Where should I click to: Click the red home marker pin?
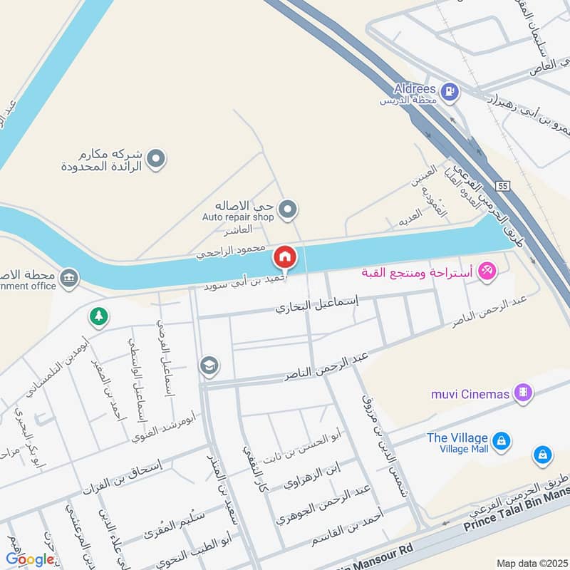click(285, 256)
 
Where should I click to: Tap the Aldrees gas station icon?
click(450, 90)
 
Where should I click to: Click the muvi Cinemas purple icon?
click(524, 393)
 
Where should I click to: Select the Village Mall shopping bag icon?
click(502, 442)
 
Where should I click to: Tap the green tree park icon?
click(99, 316)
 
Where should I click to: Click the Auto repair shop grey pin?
click(288, 209)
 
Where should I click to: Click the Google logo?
click(30, 559)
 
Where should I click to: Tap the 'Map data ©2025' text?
click(532, 563)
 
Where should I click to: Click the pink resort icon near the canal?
click(487, 271)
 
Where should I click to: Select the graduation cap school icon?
click(209, 366)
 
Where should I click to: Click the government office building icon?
click(69, 278)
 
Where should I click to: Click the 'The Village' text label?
click(457, 437)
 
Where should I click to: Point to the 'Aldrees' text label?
click(415, 89)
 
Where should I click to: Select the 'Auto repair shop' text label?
click(237, 217)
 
